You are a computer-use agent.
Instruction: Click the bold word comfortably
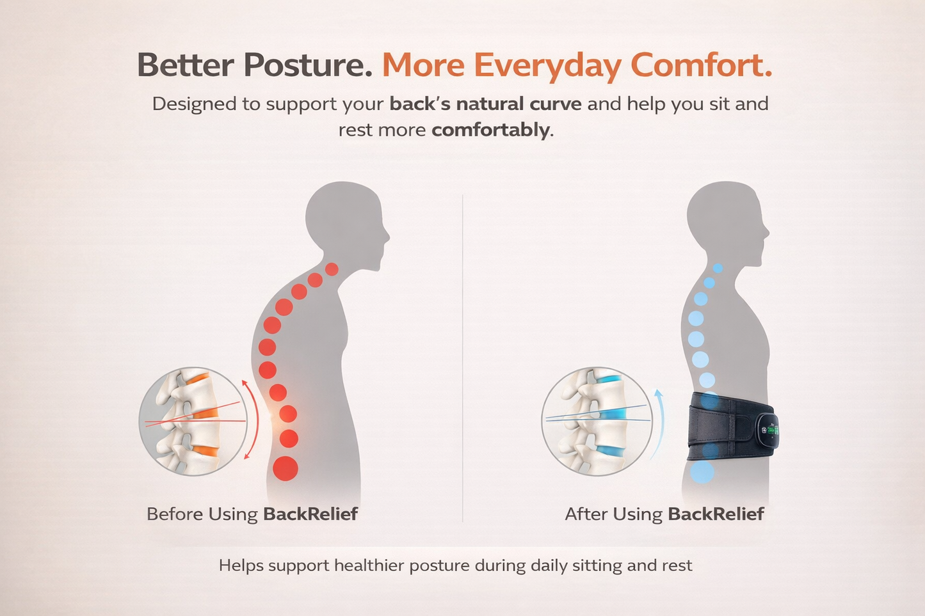tap(490, 130)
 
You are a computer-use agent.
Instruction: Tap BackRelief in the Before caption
tap(310, 514)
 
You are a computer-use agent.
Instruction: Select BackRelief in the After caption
tap(716, 514)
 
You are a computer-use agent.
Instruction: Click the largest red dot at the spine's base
tap(286, 468)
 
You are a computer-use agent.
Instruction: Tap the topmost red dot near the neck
tap(332, 269)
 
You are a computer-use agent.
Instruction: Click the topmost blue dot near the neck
tap(718, 269)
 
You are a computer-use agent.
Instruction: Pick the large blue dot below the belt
tap(702, 472)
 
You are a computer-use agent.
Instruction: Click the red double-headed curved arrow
tap(251, 419)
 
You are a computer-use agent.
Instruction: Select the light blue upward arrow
tap(659, 422)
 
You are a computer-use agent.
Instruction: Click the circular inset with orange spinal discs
tap(192, 421)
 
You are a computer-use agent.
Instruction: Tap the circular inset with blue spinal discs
tap(595, 421)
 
